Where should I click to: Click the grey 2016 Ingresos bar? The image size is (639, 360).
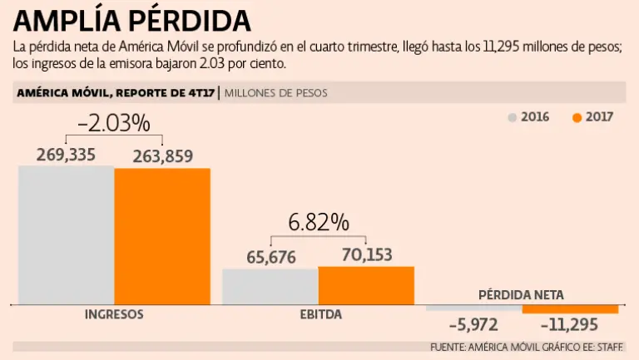(x=66, y=234)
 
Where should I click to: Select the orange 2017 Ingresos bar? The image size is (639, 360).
(x=162, y=236)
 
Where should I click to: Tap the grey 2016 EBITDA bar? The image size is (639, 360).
(x=270, y=286)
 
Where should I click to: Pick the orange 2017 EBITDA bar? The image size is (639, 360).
(x=366, y=285)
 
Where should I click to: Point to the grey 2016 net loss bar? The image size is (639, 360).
(x=473, y=308)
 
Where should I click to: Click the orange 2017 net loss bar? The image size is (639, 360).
(x=570, y=309)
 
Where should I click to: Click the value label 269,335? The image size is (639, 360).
(x=66, y=155)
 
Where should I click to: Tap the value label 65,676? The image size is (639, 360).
(x=271, y=257)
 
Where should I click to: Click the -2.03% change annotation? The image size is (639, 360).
(x=114, y=124)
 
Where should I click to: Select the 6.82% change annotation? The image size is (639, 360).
(x=319, y=223)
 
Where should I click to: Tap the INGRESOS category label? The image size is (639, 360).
(x=114, y=315)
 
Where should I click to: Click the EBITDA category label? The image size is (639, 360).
(x=319, y=315)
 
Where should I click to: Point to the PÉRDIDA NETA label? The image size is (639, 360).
(x=521, y=294)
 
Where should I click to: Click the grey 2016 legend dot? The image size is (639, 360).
(x=513, y=117)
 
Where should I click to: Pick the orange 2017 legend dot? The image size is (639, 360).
(x=577, y=117)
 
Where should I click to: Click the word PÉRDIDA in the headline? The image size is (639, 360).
(x=195, y=20)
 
